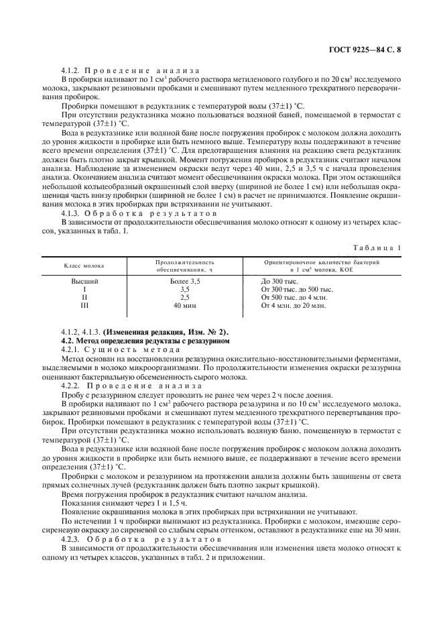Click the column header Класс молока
pos(85,266)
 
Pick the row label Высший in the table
pos(85,282)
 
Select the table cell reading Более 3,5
pos(185,282)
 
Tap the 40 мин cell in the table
pos(185,306)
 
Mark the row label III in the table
pos(85,306)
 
